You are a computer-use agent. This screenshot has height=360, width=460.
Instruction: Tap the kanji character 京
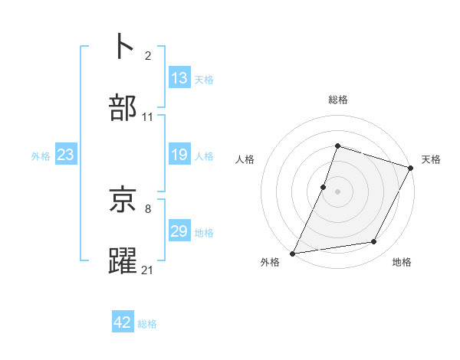pyautogui.click(x=124, y=201)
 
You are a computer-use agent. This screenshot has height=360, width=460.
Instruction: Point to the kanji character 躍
pyautogui.click(x=124, y=261)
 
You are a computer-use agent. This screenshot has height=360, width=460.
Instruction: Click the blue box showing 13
pyautogui.click(x=179, y=78)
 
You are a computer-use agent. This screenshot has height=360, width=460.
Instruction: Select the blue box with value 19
pyautogui.click(x=179, y=155)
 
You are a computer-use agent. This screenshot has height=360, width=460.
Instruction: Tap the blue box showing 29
pyautogui.click(x=179, y=231)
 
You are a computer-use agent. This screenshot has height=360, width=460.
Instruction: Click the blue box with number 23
pyautogui.click(x=66, y=155)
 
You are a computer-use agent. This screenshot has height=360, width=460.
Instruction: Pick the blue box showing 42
pyautogui.click(x=123, y=322)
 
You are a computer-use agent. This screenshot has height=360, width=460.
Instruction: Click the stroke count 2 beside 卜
pyautogui.click(x=148, y=56)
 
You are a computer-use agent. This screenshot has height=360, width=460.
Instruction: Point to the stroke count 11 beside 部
pyautogui.click(x=148, y=117)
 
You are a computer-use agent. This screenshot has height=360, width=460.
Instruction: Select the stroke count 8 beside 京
pyautogui.click(x=147, y=208)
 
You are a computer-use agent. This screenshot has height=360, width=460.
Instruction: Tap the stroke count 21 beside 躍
pyautogui.click(x=148, y=270)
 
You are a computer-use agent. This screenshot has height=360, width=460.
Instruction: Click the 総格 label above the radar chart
pyautogui.click(x=338, y=100)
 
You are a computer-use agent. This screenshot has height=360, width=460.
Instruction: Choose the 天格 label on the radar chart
pyautogui.click(x=431, y=159)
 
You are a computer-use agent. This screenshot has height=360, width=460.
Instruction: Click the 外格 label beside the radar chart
pyautogui.click(x=270, y=262)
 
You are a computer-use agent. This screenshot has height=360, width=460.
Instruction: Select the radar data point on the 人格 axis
pyautogui.click(x=324, y=187)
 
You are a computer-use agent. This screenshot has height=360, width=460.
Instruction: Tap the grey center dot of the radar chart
pyautogui.click(x=338, y=191)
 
